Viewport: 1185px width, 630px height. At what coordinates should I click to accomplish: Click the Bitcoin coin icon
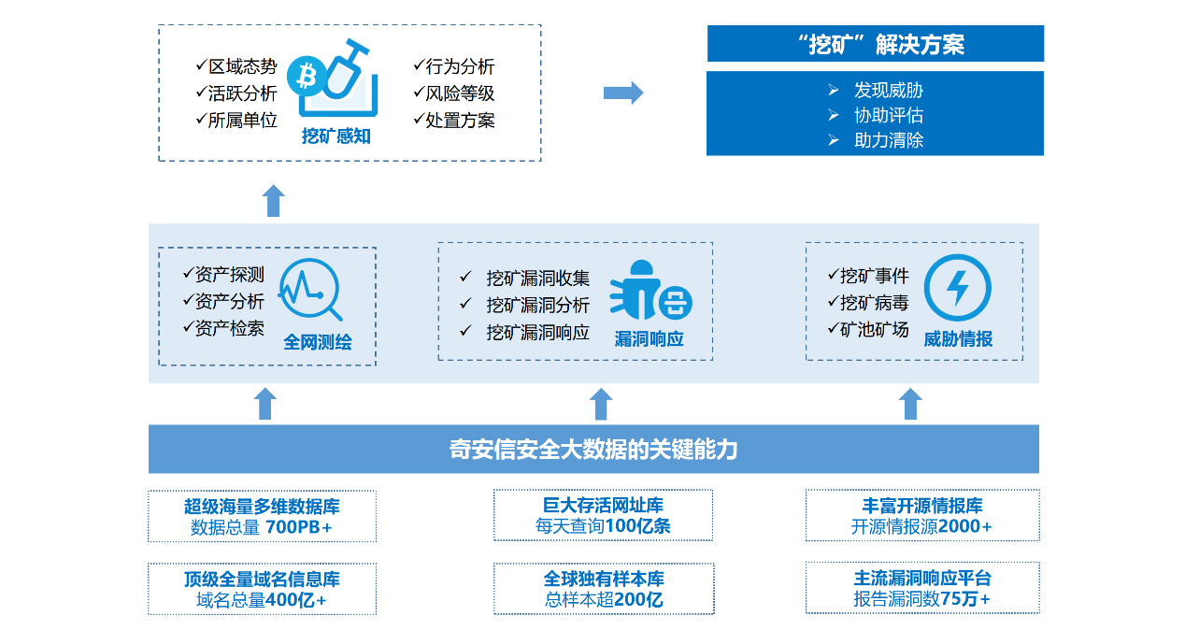[x=304, y=73]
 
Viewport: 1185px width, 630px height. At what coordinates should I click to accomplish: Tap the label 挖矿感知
[x=336, y=136]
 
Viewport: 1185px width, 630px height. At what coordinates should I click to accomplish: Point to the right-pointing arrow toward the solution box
[x=623, y=93]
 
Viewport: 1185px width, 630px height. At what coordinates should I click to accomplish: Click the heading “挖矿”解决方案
[x=875, y=44]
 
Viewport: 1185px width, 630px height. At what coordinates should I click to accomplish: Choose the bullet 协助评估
[x=888, y=116]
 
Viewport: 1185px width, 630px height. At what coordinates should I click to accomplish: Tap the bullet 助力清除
[x=888, y=141]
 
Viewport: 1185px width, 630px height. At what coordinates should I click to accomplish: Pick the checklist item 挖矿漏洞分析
[x=537, y=306]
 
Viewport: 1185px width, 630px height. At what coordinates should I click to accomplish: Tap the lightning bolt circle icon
[x=957, y=288]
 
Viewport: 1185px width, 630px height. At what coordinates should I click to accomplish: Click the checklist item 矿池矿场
[x=873, y=329]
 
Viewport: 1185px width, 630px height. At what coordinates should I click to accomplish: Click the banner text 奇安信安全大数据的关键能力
[x=593, y=450]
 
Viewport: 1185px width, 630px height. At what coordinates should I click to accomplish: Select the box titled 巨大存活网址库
[x=603, y=515]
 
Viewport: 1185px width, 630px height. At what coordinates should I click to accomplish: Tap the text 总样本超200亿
[x=603, y=600]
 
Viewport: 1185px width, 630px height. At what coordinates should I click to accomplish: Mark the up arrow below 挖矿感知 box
[x=273, y=201]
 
